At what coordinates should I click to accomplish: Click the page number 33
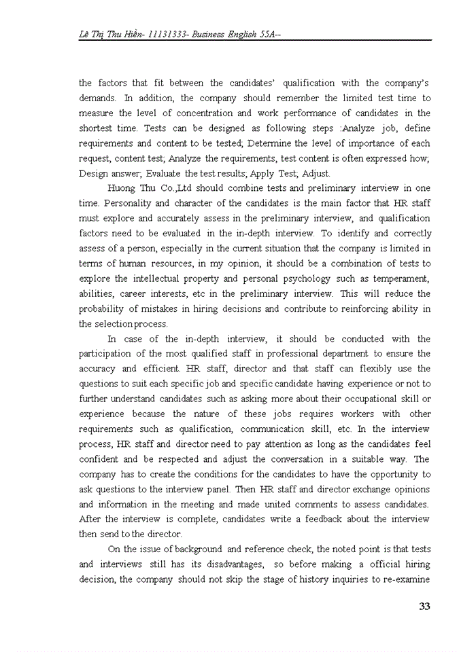click(424, 606)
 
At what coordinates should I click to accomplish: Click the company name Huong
click(120, 187)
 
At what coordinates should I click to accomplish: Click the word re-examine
click(406, 579)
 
